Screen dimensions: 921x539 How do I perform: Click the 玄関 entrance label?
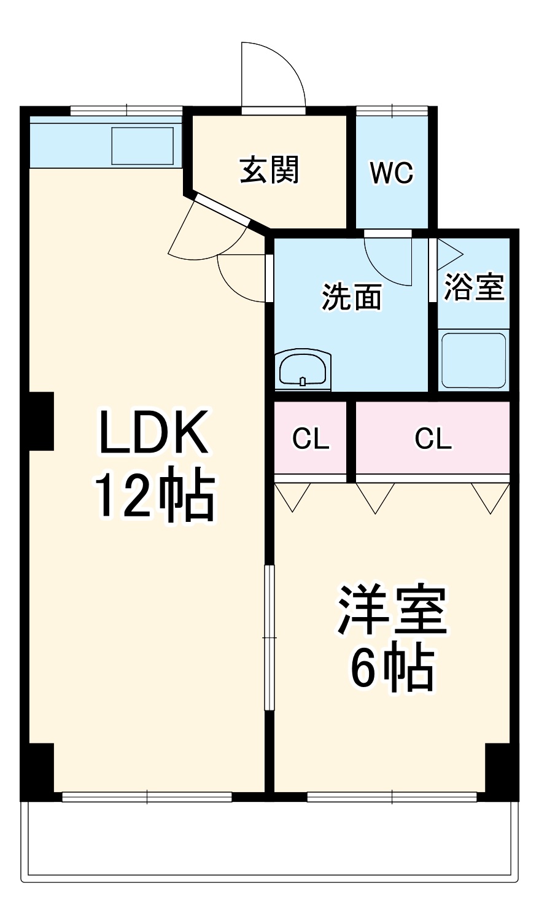[270, 169]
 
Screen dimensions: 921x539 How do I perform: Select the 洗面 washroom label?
[352, 297]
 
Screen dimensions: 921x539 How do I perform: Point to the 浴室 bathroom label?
[473, 286]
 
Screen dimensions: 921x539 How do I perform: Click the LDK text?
[153, 433]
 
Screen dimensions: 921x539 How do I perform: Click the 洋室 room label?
[392, 612]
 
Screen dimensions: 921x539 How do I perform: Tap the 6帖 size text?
[392, 669]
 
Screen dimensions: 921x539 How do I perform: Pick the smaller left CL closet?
[311, 438]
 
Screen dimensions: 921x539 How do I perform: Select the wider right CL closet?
[433, 438]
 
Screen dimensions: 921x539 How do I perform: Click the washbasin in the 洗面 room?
[303, 370]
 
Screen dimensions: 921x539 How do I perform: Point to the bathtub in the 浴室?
[473, 360]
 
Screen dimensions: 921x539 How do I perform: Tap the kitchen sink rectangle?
[142, 146]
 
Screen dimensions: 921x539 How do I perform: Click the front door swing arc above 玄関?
[273, 74]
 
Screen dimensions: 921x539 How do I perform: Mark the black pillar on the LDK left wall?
[41, 421]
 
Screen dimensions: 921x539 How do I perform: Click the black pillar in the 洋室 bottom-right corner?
[498, 767]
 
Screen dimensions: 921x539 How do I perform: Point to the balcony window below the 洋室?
[392, 797]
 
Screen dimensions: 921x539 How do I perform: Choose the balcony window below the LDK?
[147, 797]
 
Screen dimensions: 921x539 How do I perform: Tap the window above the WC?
[392, 111]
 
